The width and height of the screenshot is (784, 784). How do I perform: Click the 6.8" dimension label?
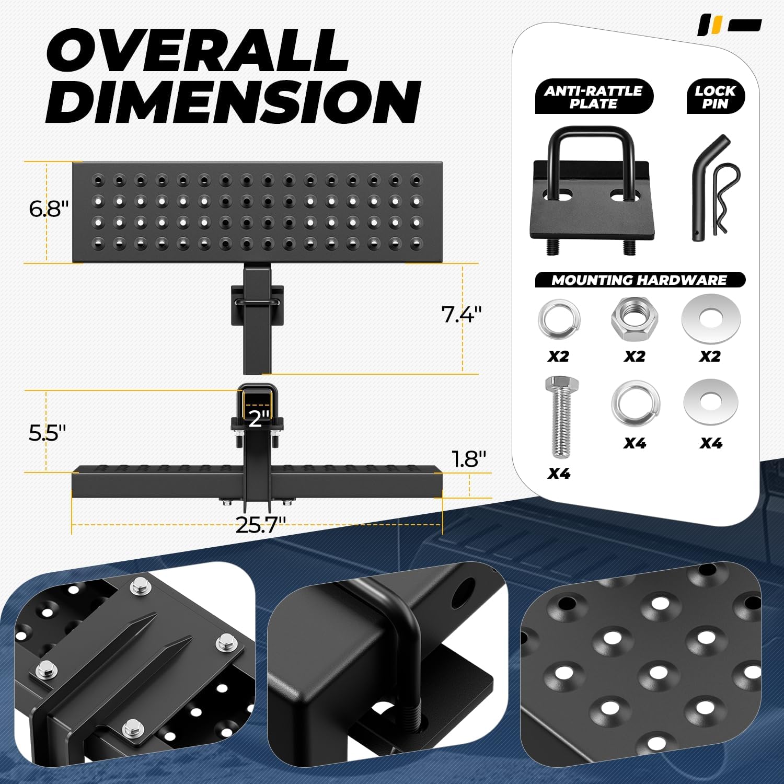49,209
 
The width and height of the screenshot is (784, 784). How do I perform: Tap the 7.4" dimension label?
461,315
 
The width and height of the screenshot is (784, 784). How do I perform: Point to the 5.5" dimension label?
47,433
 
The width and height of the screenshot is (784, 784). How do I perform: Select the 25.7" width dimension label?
260,525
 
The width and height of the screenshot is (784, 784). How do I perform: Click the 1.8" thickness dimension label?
469,459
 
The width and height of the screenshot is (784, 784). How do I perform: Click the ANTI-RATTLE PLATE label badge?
594,97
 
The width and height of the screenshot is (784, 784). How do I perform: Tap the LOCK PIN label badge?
715,97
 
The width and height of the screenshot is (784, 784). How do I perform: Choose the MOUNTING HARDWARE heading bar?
639,280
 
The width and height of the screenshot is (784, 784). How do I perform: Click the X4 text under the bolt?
559,474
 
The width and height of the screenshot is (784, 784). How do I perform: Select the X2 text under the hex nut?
634,356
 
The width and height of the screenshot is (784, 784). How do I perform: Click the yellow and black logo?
730,25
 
